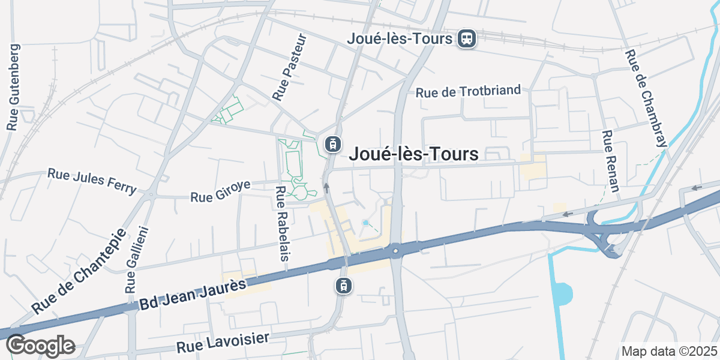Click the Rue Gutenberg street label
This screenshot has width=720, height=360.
click(13, 88)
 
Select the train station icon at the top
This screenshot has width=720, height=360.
click(466, 39)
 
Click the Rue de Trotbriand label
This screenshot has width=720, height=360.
click(469, 92)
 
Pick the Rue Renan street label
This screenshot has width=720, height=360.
click(611, 161)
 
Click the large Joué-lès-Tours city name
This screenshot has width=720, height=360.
click(414, 154)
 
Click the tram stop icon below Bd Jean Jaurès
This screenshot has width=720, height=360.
click(343, 286)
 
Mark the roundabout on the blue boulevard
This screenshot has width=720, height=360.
click(395, 250)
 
